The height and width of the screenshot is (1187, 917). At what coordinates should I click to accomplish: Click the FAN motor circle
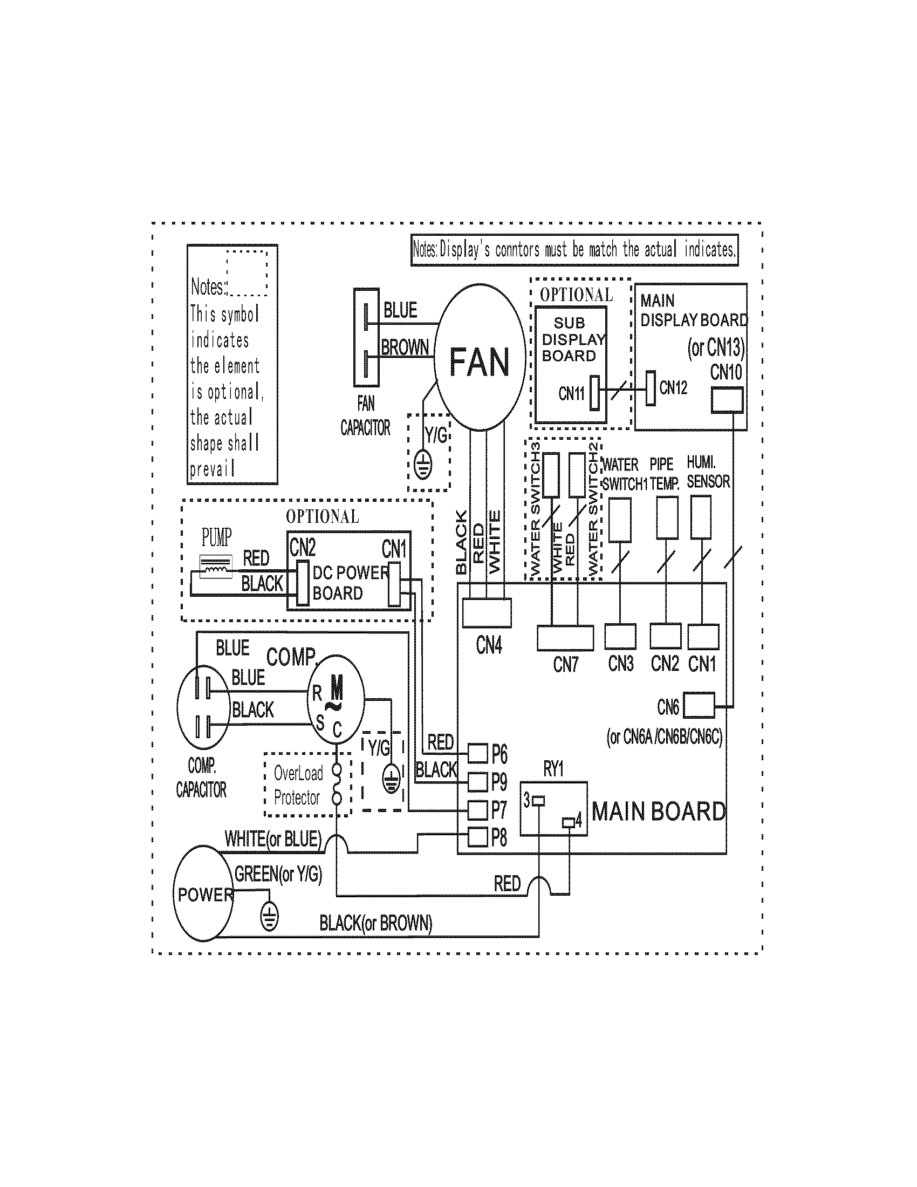pyautogui.click(x=480, y=358)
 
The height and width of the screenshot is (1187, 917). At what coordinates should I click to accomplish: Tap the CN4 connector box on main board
pyautogui.click(x=487, y=612)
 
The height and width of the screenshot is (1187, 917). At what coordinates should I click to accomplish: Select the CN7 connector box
pyautogui.click(x=565, y=638)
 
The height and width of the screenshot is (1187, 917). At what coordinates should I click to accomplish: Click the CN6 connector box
pyautogui.click(x=699, y=706)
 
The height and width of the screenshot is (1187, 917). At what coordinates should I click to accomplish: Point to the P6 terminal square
pyautogui.click(x=477, y=753)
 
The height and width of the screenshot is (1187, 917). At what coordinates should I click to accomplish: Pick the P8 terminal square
pyautogui.click(x=477, y=836)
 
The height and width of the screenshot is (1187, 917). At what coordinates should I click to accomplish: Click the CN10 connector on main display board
pyautogui.click(x=727, y=400)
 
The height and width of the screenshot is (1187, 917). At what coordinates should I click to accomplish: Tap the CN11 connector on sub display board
pyautogui.click(x=595, y=392)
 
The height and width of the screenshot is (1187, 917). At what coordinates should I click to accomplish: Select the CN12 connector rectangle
pyautogui.click(x=651, y=387)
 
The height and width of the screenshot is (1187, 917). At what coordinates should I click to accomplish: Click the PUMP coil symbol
pyautogui.click(x=216, y=567)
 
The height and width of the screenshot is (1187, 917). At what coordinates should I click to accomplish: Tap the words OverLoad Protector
pyautogui.click(x=298, y=786)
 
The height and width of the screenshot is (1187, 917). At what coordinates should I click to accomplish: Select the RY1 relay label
pyautogui.click(x=553, y=769)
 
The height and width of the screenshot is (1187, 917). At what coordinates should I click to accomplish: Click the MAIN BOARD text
pyautogui.click(x=659, y=811)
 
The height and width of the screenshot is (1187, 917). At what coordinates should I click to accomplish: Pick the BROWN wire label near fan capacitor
pyautogui.click(x=405, y=347)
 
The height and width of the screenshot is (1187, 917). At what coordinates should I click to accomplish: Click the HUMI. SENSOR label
pyautogui.click(x=707, y=472)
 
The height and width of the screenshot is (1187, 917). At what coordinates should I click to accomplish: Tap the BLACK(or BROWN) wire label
pyautogui.click(x=375, y=923)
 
